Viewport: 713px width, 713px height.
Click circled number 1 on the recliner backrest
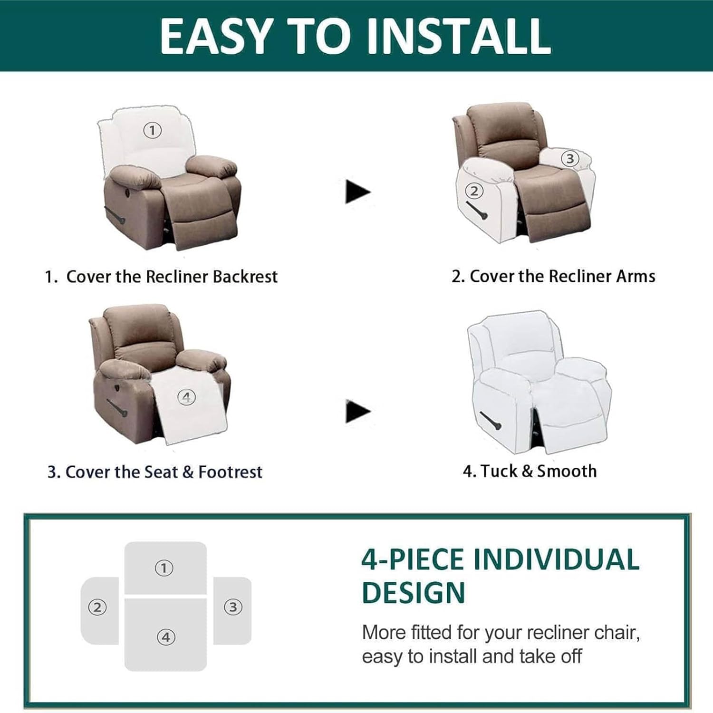152,130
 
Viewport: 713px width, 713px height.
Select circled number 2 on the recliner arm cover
474,191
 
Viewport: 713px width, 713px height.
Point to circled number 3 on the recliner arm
570,158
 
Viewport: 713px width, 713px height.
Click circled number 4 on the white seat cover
186,397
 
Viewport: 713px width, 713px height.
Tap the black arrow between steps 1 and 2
357,192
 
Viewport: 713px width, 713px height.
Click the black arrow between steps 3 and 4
357,411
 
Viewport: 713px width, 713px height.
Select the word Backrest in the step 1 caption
245,277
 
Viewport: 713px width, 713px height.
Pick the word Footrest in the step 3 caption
230,472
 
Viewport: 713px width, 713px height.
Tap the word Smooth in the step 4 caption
567,471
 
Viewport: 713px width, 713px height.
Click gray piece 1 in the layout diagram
165,568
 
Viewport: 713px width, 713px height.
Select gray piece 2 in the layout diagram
99,611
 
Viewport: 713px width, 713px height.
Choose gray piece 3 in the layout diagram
232,611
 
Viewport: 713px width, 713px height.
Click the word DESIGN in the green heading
413,593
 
